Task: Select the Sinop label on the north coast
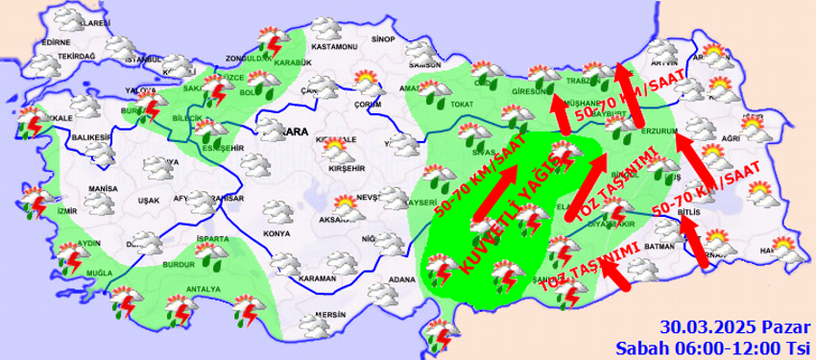tap(383, 39)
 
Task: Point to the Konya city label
tap(276, 234)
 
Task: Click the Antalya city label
tap(204, 289)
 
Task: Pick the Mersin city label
tap(329, 315)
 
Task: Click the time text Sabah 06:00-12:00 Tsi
tap(713, 346)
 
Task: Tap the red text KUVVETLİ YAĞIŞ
tap(505, 221)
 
